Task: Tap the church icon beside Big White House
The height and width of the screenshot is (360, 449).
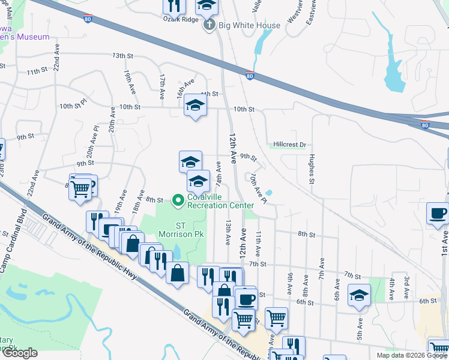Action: [x=209, y=25]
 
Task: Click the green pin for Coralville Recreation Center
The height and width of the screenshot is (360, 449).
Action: [x=178, y=200]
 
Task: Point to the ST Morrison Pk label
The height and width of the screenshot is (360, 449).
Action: [x=174, y=229]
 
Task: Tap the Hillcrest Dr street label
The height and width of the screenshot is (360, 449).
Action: [x=289, y=145]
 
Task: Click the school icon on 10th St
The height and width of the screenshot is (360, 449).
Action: [x=194, y=106]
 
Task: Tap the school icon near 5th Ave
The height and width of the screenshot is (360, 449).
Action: [x=359, y=295]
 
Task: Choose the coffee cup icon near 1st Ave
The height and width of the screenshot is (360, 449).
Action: [x=437, y=213]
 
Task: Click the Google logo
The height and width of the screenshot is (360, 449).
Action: [x=20, y=353]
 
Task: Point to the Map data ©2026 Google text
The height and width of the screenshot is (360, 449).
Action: [x=411, y=355]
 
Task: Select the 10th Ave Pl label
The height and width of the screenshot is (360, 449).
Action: [x=258, y=188]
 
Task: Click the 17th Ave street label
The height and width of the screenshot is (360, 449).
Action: [x=162, y=87]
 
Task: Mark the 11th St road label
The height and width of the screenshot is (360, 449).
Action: [x=37, y=72]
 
